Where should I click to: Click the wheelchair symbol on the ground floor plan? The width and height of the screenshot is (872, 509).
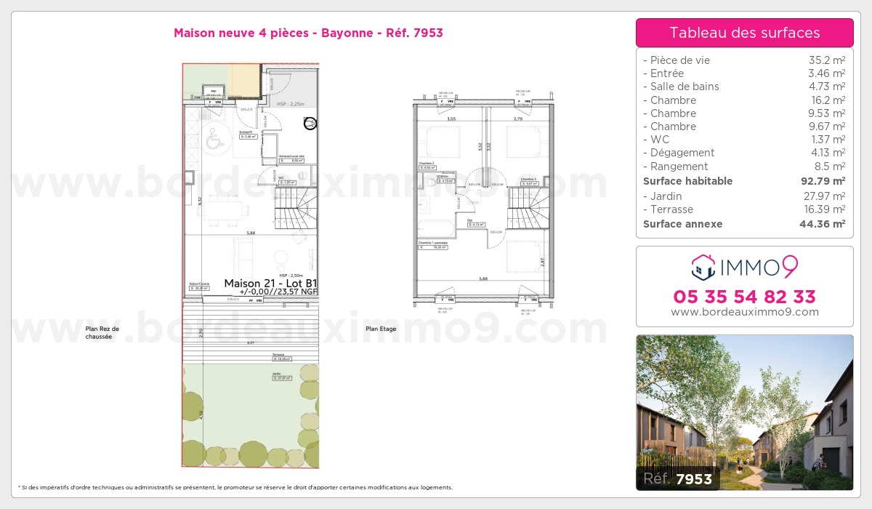click(x=214, y=140)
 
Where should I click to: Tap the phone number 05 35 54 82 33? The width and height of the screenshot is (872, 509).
click(x=744, y=297)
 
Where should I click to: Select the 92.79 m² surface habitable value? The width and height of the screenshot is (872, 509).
click(x=828, y=181)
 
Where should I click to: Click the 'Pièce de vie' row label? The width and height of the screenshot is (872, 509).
click(x=680, y=60)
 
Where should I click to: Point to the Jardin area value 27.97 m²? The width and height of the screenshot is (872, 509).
click(x=828, y=196)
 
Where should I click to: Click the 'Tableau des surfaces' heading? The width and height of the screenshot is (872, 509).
click(x=744, y=33)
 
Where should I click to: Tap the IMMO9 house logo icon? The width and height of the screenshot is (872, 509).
click(x=703, y=268)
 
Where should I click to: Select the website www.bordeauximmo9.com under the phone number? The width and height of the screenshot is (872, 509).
click(x=744, y=312)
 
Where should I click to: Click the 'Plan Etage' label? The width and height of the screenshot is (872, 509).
click(x=381, y=329)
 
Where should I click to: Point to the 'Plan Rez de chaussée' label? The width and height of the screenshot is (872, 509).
click(x=102, y=333)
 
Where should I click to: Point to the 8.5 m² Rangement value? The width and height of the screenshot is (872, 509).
click(x=831, y=166)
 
